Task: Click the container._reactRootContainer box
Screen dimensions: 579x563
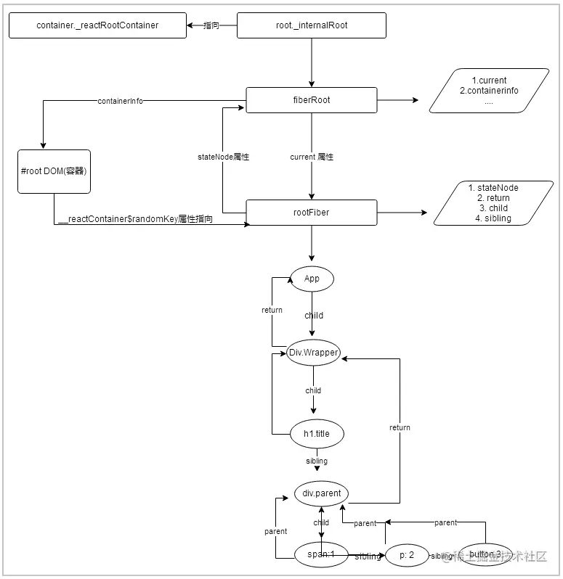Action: coord(97,25)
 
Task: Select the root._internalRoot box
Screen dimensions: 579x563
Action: coord(312,25)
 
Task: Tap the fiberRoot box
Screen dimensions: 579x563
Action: coord(312,100)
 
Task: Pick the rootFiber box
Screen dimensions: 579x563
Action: coord(312,213)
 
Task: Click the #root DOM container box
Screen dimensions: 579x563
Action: coord(54,172)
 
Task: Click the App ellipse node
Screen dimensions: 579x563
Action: coord(312,279)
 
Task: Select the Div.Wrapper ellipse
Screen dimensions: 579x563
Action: coord(314,353)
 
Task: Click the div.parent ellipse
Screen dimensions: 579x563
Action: coord(321,493)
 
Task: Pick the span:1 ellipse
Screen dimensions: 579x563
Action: coord(320,555)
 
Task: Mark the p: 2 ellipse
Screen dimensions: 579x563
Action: coord(407,556)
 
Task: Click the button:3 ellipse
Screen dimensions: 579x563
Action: coord(485,555)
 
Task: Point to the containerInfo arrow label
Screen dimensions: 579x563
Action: coord(120,102)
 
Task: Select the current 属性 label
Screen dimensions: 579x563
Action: coord(312,157)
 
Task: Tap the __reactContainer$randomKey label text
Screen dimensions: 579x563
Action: coord(135,218)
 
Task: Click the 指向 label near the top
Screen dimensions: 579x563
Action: coord(211,25)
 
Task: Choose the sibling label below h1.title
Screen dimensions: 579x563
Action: coord(317,461)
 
